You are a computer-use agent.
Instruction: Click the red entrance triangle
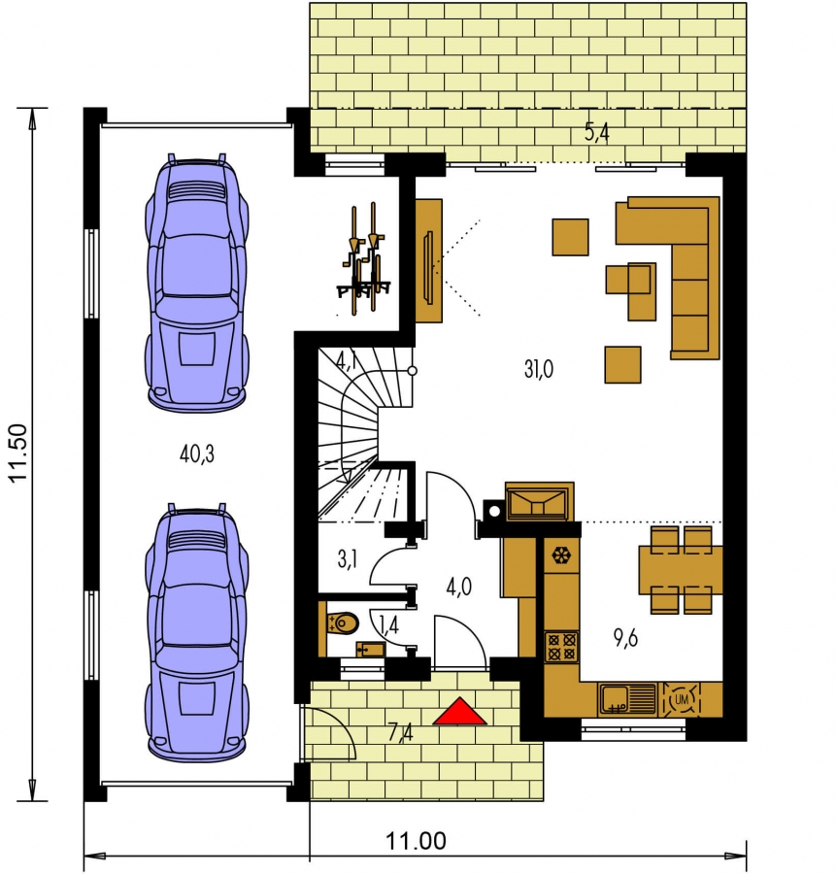[x=459, y=711]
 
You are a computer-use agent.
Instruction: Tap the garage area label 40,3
[x=197, y=454]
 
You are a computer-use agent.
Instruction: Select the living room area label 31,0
[x=538, y=369]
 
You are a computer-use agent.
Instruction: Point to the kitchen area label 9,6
[x=625, y=638]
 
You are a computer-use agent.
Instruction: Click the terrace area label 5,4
[x=597, y=133]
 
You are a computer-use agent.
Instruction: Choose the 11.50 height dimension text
[x=18, y=453]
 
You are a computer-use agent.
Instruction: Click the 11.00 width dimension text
[x=417, y=841]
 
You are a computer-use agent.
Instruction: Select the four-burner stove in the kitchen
[x=561, y=647]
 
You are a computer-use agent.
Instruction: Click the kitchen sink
[x=628, y=699]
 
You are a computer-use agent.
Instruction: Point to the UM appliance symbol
[x=681, y=699]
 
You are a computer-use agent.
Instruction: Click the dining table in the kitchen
[x=681, y=570]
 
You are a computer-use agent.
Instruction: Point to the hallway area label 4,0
[x=459, y=587]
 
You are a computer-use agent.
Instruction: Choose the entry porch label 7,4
[x=401, y=732]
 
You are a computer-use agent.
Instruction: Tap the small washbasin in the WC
[x=371, y=650]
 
